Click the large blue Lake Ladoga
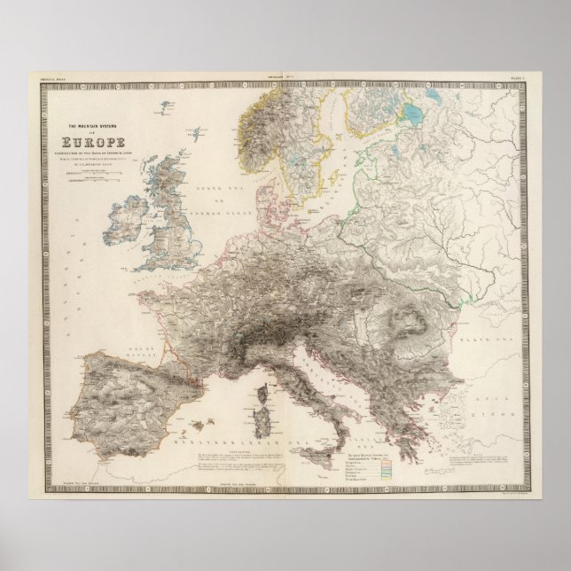coord(413,114)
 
